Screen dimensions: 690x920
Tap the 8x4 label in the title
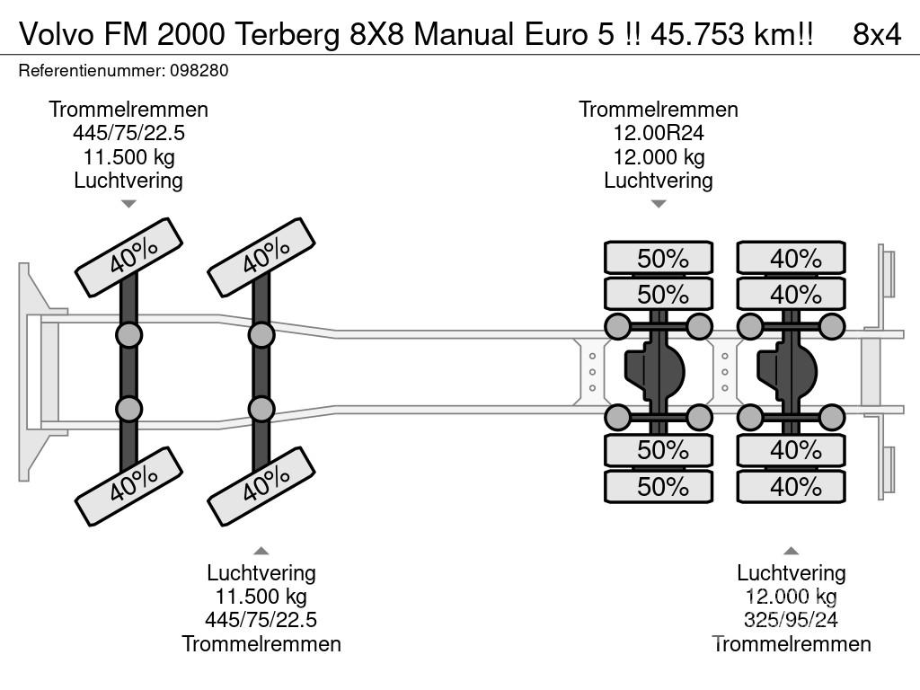pos(876,34)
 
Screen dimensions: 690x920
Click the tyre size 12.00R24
pos(658,133)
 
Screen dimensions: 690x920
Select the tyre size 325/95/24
pos(791,620)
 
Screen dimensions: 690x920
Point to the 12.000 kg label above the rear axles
pos(658,156)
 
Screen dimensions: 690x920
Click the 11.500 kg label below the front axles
pos(261,597)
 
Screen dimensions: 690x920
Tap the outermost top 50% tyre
pos(659,258)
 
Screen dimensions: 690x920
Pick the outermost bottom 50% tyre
pos(659,487)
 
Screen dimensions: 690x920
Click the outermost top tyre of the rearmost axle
pos(792,258)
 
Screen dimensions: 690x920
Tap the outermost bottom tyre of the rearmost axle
pos(792,487)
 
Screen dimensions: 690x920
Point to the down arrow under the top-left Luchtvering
pos(128,204)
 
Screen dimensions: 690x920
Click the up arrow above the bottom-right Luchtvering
pos(791,551)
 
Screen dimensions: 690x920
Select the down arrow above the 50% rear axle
pos(659,204)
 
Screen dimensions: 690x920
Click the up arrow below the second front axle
pos(261,551)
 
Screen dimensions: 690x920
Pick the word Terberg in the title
pos(290,34)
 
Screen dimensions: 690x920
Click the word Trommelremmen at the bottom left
pos(261,643)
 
